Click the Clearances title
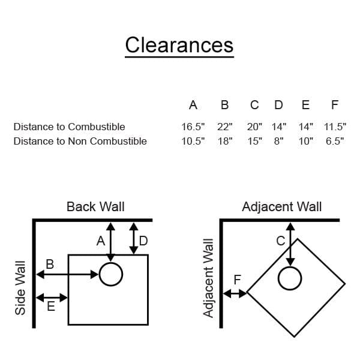pyautogui.click(x=179, y=45)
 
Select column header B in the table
pyautogui.click(x=224, y=106)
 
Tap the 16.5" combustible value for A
pyautogui.click(x=193, y=127)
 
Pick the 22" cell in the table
pyautogui.click(x=224, y=127)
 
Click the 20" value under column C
pyautogui.click(x=254, y=127)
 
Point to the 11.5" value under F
pyautogui.click(x=334, y=127)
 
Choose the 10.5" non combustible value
pyautogui.click(x=193, y=142)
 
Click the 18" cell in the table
pyautogui.click(x=224, y=142)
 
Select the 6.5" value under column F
pyautogui.click(x=334, y=142)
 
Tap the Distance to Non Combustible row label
pyautogui.click(x=80, y=142)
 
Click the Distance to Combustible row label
pyautogui.click(x=69, y=127)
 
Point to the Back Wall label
pyautogui.click(x=95, y=207)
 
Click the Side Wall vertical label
pyautogui.click(x=20, y=287)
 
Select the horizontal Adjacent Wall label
pyautogui.click(x=281, y=207)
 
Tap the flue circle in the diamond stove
pyautogui.click(x=290, y=278)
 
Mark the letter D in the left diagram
pyautogui.click(x=143, y=241)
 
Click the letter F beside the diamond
pyautogui.click(x=237, y=280)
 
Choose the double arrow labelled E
pyautogui.click(x=52, y=297)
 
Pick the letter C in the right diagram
pyautogui.click(x=280, y=241)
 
